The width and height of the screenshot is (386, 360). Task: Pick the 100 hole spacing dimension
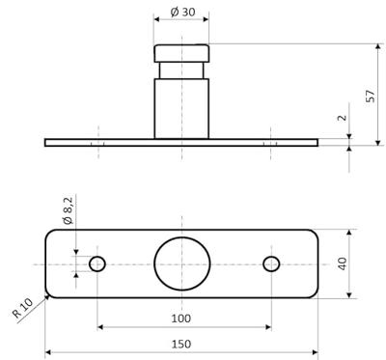pos(180,318)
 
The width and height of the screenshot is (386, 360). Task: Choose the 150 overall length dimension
pos(180,343)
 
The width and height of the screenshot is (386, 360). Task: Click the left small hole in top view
pos(97,263)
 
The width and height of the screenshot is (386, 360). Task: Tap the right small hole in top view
pos(271,263)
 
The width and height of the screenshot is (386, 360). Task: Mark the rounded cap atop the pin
pos(181,51)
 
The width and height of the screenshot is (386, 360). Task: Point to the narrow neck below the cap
pos(181,69)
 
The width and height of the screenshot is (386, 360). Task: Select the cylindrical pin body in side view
pos(181,108)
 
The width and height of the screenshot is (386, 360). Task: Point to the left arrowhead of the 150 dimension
pos(49,351)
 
